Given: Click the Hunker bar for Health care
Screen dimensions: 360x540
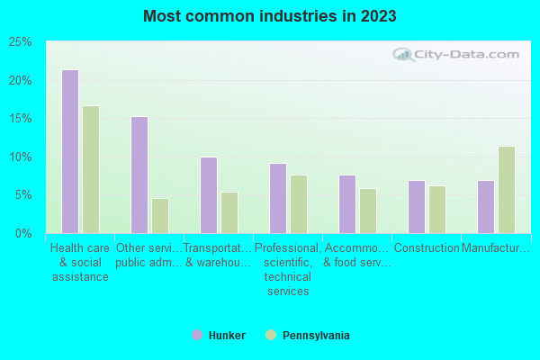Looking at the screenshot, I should (x=69, y=151).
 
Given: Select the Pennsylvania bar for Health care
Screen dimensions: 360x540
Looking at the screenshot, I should (x=91, y=169).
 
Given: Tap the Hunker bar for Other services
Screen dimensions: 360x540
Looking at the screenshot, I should (x=139, y=175).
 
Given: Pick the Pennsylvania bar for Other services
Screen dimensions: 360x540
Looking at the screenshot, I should (x=160, y=215).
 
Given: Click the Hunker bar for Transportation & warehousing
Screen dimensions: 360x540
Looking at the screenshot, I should (x=208, y=194).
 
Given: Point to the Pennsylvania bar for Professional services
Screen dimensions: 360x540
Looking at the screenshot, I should (x=299, y=203).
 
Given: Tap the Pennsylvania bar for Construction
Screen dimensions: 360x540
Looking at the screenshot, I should (x=437, y=209).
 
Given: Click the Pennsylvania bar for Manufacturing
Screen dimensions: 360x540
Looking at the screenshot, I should (x=507, y=189).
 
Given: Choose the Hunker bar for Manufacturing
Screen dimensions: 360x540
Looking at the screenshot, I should (x=485, y=206).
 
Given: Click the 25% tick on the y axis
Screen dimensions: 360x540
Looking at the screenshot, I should (x=21, y=42).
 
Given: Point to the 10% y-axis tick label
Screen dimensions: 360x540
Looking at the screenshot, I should (x=21, y=157).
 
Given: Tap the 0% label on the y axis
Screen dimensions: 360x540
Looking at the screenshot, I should (x=24, y=233).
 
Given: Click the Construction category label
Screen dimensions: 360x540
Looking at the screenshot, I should (x=427, y=248).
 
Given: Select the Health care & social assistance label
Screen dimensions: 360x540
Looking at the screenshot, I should (x=80, y=262).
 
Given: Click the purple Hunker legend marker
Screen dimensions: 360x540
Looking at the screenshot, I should (x=197, y=336).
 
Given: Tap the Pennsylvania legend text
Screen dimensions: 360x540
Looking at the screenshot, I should (x=316, y=336).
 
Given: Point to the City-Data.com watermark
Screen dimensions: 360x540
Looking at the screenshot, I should (x=459, y=54).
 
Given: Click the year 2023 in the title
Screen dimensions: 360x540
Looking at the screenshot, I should (x=378, y=16).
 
